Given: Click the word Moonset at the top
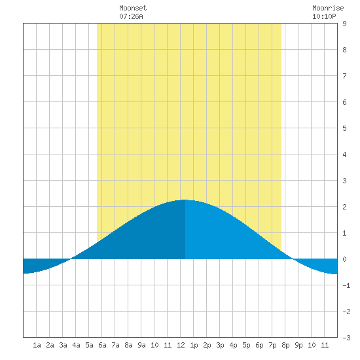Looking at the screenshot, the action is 133,8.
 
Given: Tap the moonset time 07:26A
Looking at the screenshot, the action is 131,16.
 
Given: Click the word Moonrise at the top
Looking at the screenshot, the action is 328,8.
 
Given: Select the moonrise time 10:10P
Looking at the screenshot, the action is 324,16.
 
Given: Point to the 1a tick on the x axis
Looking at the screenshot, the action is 37,345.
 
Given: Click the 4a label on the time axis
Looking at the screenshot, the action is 76,345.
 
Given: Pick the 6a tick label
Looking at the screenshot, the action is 102,345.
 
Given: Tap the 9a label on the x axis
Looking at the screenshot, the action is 141,345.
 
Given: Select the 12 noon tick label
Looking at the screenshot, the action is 181,345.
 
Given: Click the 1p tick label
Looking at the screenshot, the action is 194,345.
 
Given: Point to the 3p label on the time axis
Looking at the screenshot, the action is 220,345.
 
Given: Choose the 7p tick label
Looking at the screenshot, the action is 272,345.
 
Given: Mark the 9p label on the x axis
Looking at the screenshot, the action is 298,345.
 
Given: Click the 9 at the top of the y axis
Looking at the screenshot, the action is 344,24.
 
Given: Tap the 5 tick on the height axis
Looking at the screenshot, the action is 344,128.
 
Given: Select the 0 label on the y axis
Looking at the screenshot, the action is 344,259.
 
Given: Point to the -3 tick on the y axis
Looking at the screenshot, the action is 346,338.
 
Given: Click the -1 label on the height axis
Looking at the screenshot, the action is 346,285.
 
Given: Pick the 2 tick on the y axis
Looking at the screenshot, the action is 344,207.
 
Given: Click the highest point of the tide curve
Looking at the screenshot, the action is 185,200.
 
